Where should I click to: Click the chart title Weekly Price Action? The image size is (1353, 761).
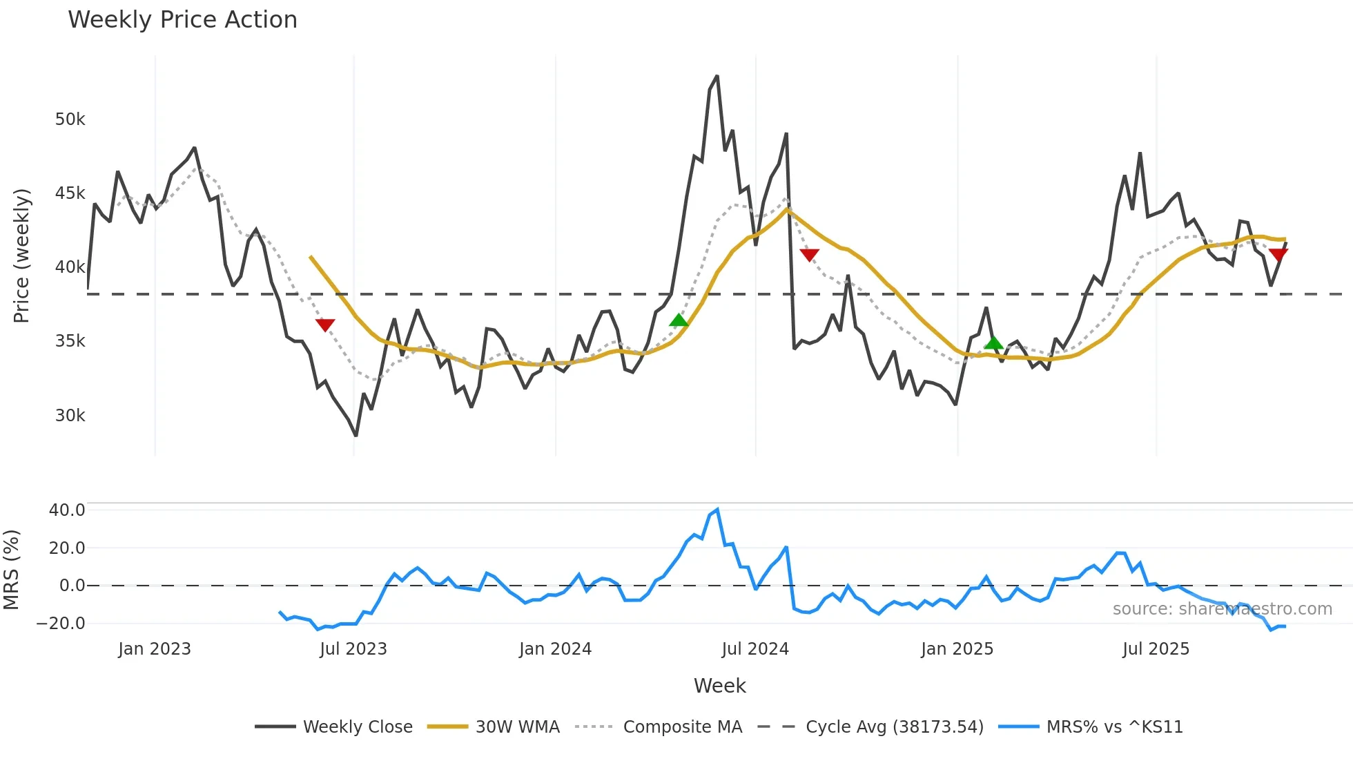[182, 20]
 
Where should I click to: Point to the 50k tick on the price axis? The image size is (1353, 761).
[70, 119]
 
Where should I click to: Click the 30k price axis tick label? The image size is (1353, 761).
[70, 416]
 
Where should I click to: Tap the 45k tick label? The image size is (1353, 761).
[70, 193]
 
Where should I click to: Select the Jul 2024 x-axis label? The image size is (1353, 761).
[755, 649]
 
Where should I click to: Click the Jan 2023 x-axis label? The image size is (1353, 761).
[154, 649]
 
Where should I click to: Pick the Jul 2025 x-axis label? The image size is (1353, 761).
[1156, 649]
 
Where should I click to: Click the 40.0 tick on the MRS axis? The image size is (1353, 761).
[67, 510]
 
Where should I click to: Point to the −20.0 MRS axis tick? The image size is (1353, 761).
[61, 624]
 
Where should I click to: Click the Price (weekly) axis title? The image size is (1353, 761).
[21, 256]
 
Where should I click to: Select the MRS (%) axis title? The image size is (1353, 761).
[11, 570]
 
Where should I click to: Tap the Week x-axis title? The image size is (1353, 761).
[719, 686]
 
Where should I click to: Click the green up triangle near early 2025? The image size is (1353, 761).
[993, 343]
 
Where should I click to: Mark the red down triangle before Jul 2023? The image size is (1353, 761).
[325, 325]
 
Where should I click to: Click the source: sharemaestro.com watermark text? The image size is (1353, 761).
[1222, 609]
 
